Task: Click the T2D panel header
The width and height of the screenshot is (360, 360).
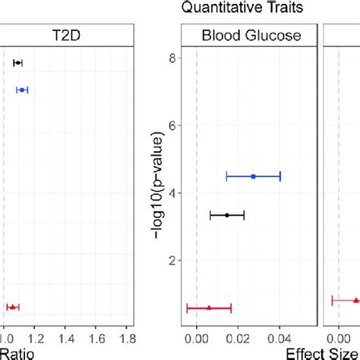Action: (x=65, y=35)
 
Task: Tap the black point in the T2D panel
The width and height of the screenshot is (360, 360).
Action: (x=17, y=62)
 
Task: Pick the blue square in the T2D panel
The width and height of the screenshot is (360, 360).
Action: (x=22, y=90)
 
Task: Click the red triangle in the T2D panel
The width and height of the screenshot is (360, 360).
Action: (x=12, y=307)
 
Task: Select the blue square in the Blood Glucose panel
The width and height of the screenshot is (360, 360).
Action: (x=253, y=176)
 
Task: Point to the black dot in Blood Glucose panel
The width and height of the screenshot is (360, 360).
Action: (x=226, y=216)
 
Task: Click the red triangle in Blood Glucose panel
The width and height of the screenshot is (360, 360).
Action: (x=209, y=308)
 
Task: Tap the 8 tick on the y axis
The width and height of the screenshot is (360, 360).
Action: (x=174, y=58)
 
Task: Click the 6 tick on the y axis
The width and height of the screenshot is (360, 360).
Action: (x=174, y=125)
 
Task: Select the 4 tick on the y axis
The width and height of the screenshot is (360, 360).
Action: (x=174, y=193)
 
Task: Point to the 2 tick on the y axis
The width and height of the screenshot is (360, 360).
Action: (x=174, y=261)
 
